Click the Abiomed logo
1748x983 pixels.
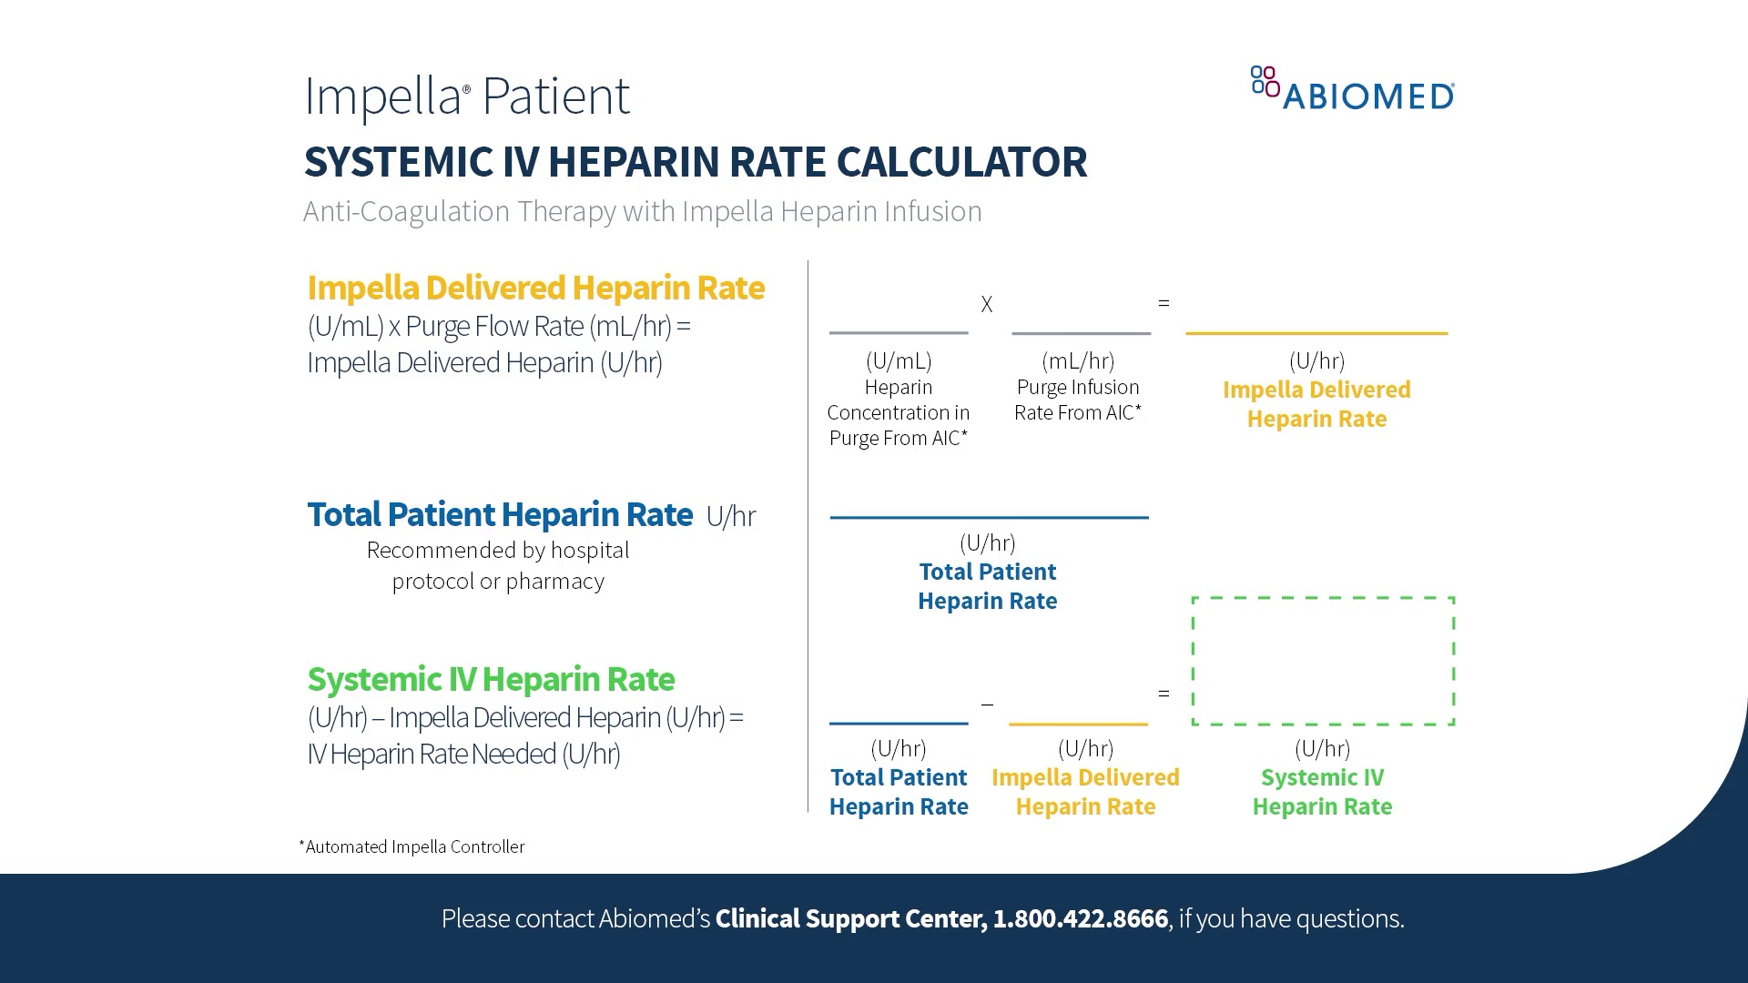(1353, 90)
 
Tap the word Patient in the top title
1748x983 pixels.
(555, 96)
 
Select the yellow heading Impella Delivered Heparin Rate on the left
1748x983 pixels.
(536, 288)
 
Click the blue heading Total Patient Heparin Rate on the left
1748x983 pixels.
(500, 515)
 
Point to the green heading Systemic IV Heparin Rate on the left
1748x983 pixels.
(491, 680)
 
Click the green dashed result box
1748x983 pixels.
(1323, 661)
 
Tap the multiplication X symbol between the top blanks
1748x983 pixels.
(987, 305)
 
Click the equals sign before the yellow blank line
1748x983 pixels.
(1164, 303)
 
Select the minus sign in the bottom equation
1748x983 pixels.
(987, 704)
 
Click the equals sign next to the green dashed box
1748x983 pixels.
(1164, 694)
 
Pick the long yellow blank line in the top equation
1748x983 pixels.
(1316, 333)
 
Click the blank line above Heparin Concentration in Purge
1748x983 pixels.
(899, 332)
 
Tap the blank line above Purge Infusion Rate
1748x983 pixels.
(1082, 333)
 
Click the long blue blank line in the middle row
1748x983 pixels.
(989, 517)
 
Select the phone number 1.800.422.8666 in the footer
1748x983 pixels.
(1081, 919)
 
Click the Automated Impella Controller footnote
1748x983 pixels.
(412, 847)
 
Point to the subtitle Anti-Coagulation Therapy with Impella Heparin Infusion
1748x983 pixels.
(643, 212)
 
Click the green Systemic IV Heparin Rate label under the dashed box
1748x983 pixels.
(1322, 792)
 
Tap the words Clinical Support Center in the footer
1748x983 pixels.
(850, 919)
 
